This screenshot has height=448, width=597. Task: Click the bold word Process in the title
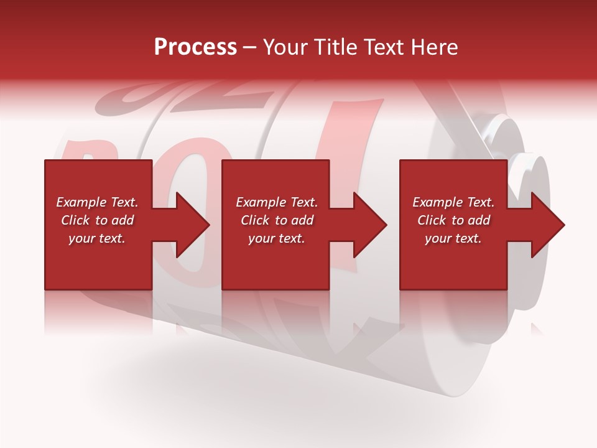(x=195, y=47)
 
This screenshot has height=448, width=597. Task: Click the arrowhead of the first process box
(x=192, y=225)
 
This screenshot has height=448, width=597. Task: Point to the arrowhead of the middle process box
(x=369, y=225)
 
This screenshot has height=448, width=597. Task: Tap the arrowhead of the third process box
(x=547, y=225)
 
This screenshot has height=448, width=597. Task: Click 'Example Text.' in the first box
(x=97, y=202)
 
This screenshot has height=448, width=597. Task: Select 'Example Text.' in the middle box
(x=277, y=202)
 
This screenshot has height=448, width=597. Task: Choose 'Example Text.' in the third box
(x=453, y=202)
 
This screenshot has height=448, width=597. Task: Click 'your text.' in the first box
(x=97, y=238)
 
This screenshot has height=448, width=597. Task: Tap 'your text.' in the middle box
(x=277, y=238)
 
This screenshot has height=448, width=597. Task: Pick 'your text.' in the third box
(x=453, y=238)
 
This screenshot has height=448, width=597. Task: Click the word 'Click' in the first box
(x=76, y=220)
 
